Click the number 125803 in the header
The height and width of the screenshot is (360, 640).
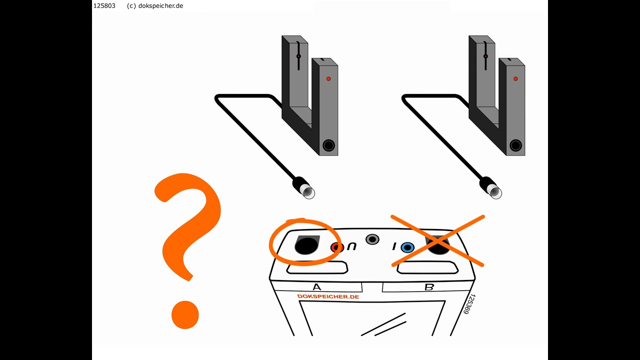point(104,5)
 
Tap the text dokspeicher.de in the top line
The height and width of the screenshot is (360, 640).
point(160,6)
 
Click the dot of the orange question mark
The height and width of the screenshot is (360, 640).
point(185,314)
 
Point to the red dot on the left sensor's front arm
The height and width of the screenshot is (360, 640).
point(328,78)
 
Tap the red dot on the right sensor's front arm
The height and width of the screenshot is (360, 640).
point(515,78)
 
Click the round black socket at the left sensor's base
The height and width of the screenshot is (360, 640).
point(328,145)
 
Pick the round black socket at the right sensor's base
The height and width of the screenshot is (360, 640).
point(515,145)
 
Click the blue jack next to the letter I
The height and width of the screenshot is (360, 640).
point(407,247)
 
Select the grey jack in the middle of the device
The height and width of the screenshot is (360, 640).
point(372,239)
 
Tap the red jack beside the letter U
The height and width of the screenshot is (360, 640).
point(337,247)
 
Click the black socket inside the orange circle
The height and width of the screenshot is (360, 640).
point(307,245)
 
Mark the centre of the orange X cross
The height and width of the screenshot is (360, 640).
point(437,241)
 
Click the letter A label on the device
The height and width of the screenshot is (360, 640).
point(317,287)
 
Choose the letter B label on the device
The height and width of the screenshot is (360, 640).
point(429,287)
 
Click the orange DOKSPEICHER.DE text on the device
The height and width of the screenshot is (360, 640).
point(328,296)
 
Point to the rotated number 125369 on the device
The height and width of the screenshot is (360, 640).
point(469,304)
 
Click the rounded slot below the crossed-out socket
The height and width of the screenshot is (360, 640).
point(427,267)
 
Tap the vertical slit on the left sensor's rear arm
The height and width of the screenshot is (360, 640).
point(298,55)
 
